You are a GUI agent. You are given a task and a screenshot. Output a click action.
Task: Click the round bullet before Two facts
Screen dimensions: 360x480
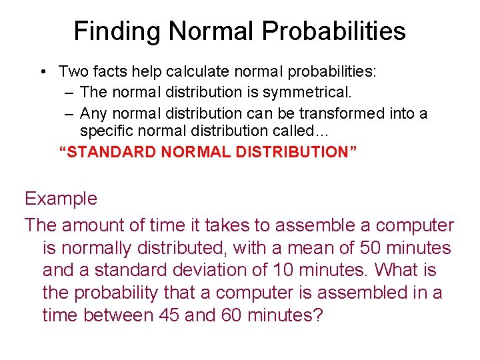[42, 71]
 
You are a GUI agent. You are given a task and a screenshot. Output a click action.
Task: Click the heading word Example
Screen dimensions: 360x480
[61, 199]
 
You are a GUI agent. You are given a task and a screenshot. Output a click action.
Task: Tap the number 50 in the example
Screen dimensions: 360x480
[371, 248]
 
